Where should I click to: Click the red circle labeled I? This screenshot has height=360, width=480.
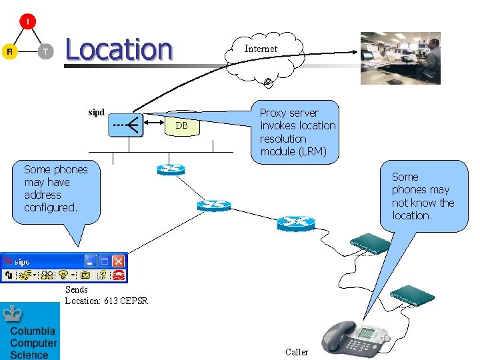(x=27, y=22)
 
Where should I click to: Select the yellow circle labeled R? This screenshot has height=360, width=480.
(x=9, y=51)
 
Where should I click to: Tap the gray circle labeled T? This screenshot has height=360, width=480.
(x=45, y=51)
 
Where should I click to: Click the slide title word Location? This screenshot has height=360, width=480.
(x=119, y=49)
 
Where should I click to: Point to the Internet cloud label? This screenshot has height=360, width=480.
(x=260, y=49)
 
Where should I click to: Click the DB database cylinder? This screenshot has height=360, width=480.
(x=181, y=125)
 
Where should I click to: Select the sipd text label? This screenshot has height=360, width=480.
(x=97, y=112)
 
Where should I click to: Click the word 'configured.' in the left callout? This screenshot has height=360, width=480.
(x=51, y=207)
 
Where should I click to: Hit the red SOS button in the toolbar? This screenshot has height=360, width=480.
(x=119, y=275)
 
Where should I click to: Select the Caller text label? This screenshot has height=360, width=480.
(x=297, y=352)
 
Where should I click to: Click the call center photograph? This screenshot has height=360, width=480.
(x=400, y=58)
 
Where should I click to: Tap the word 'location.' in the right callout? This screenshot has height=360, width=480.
(x=412, y=215)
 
